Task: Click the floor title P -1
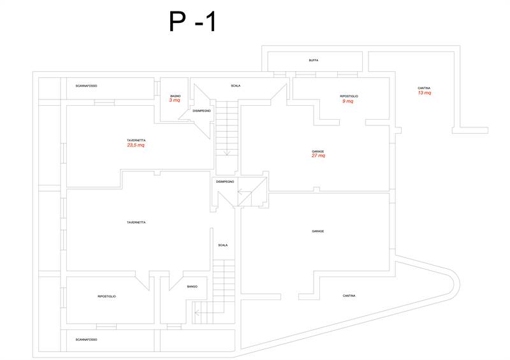point(193,22)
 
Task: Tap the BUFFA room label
point(313,61)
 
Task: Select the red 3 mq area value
point(174,101)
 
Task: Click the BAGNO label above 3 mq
point(175,96)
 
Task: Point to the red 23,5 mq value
point(136,145)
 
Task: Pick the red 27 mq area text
point(318,156)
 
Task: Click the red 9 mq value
point(348,101)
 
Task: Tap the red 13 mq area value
point(424,93)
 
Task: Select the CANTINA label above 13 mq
point(424,88)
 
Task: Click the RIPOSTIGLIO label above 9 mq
point(349,96)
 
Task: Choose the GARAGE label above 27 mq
point(318,151)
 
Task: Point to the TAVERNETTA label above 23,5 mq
point(136,140)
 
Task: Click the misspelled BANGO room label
point(192,287)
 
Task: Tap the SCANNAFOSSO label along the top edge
point(86,86)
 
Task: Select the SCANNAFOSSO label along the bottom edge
point(86,340)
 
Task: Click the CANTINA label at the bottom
point(349,296)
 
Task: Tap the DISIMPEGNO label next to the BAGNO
point(201,111)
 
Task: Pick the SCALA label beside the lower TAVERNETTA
point(222,245)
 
